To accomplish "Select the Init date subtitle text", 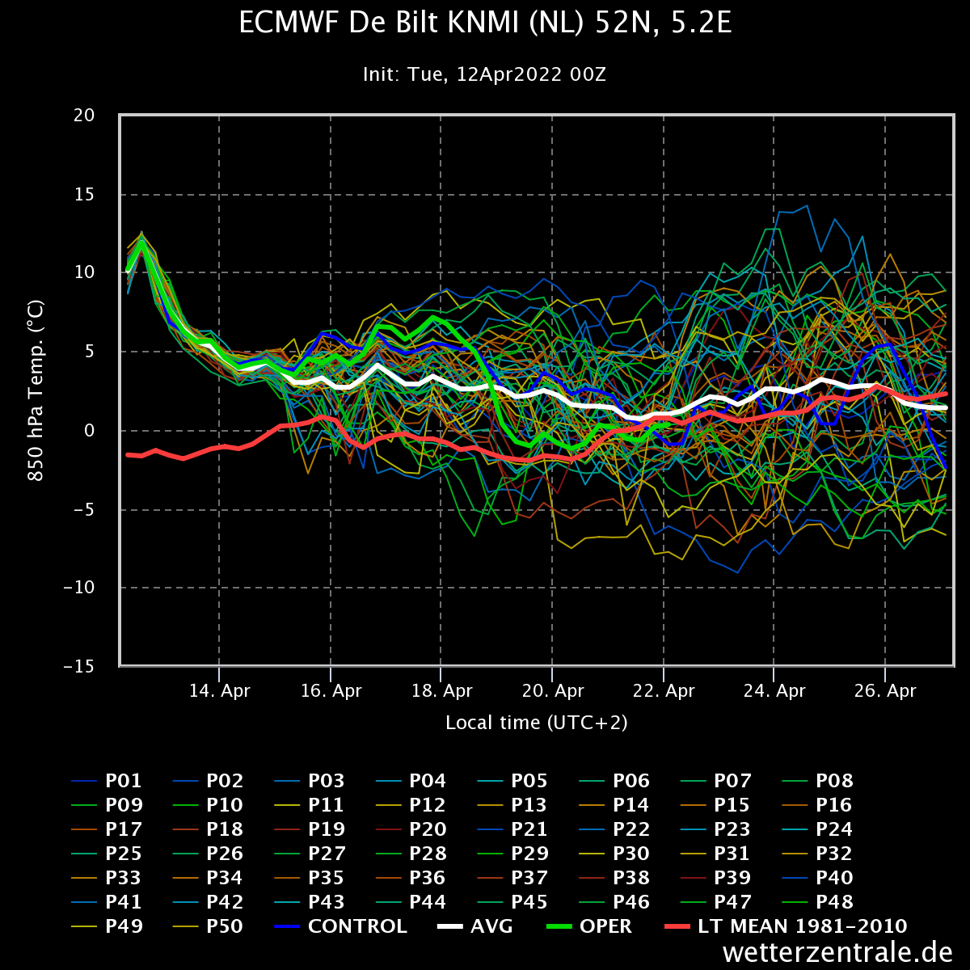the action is pos(484,74).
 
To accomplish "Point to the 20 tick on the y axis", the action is pos(84,116).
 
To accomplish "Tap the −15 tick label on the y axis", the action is pos(79,666).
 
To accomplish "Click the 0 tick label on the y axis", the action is pos(90,430).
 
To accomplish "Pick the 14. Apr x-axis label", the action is pos(220,690).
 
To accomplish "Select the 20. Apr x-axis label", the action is pos(553,690).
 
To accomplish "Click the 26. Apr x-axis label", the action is pos(885,690).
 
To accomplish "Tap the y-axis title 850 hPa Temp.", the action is pos(36,390).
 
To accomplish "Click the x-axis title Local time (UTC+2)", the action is pos(537,723).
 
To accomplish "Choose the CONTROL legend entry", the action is pos(341,926).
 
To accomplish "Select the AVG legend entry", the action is pos(474,926).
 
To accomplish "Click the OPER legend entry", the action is pos(589,926).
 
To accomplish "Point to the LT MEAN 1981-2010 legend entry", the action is pos(786,926).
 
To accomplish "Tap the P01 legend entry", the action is pos(106,781).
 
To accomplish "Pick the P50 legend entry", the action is pos(208,926).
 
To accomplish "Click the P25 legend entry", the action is pos(108,854).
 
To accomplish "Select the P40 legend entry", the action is pos(818,877).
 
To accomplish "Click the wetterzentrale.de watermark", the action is pos(837,952).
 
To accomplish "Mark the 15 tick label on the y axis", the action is pos(84,194).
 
